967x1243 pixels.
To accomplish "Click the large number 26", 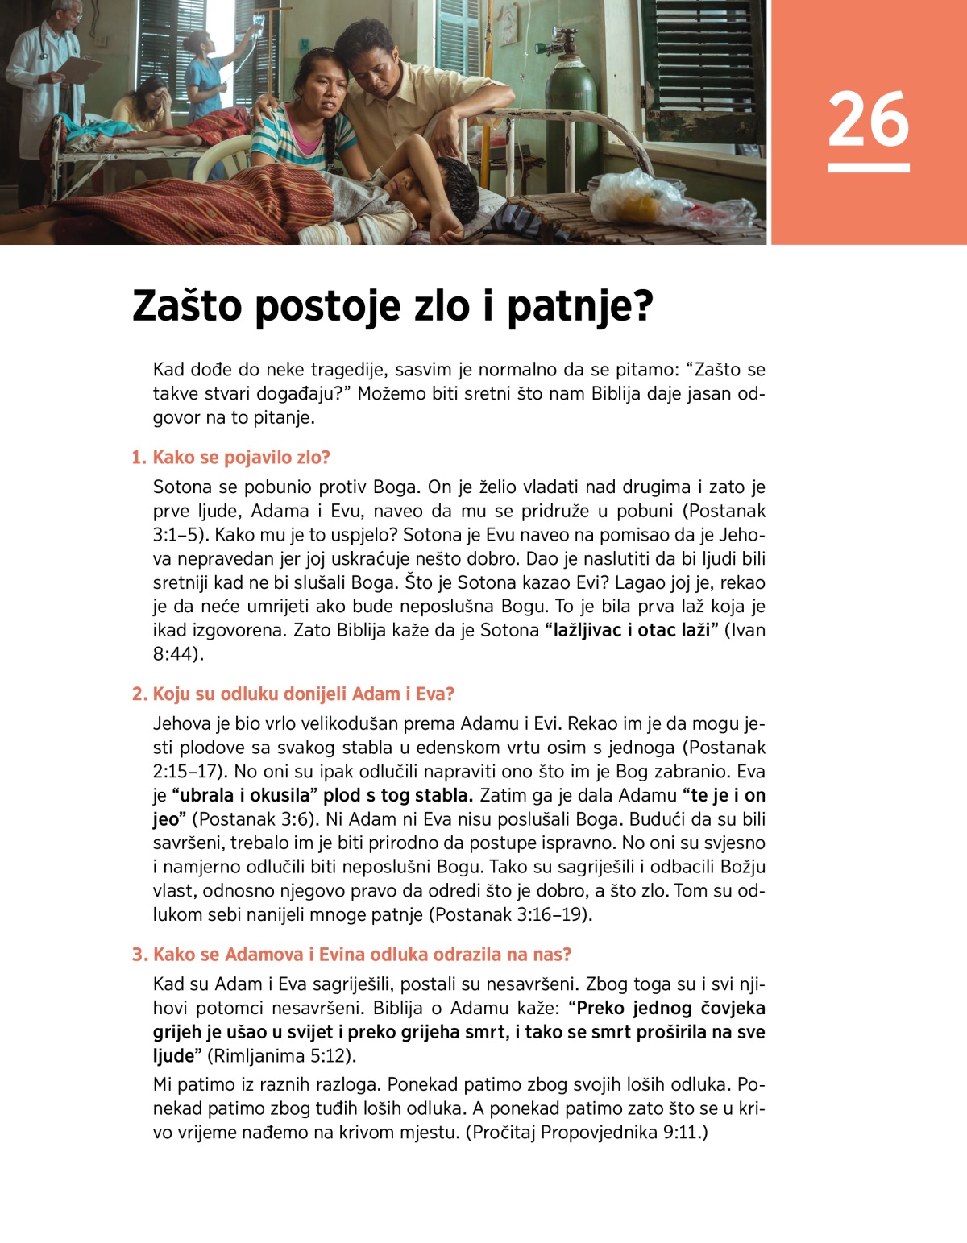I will [868, 119].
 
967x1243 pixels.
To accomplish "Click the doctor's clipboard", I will [81, 68].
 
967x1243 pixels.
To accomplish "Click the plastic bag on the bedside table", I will [645, 197].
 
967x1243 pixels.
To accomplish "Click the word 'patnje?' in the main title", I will [579, 306].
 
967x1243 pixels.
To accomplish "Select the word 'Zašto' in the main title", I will [187, 306].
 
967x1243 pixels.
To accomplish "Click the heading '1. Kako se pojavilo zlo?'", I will [231, 458].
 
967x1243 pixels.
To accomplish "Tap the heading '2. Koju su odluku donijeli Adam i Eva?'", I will [293, 694].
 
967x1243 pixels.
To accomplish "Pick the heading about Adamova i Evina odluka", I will [352, 955].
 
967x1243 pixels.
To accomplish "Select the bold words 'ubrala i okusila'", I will [244, 796].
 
